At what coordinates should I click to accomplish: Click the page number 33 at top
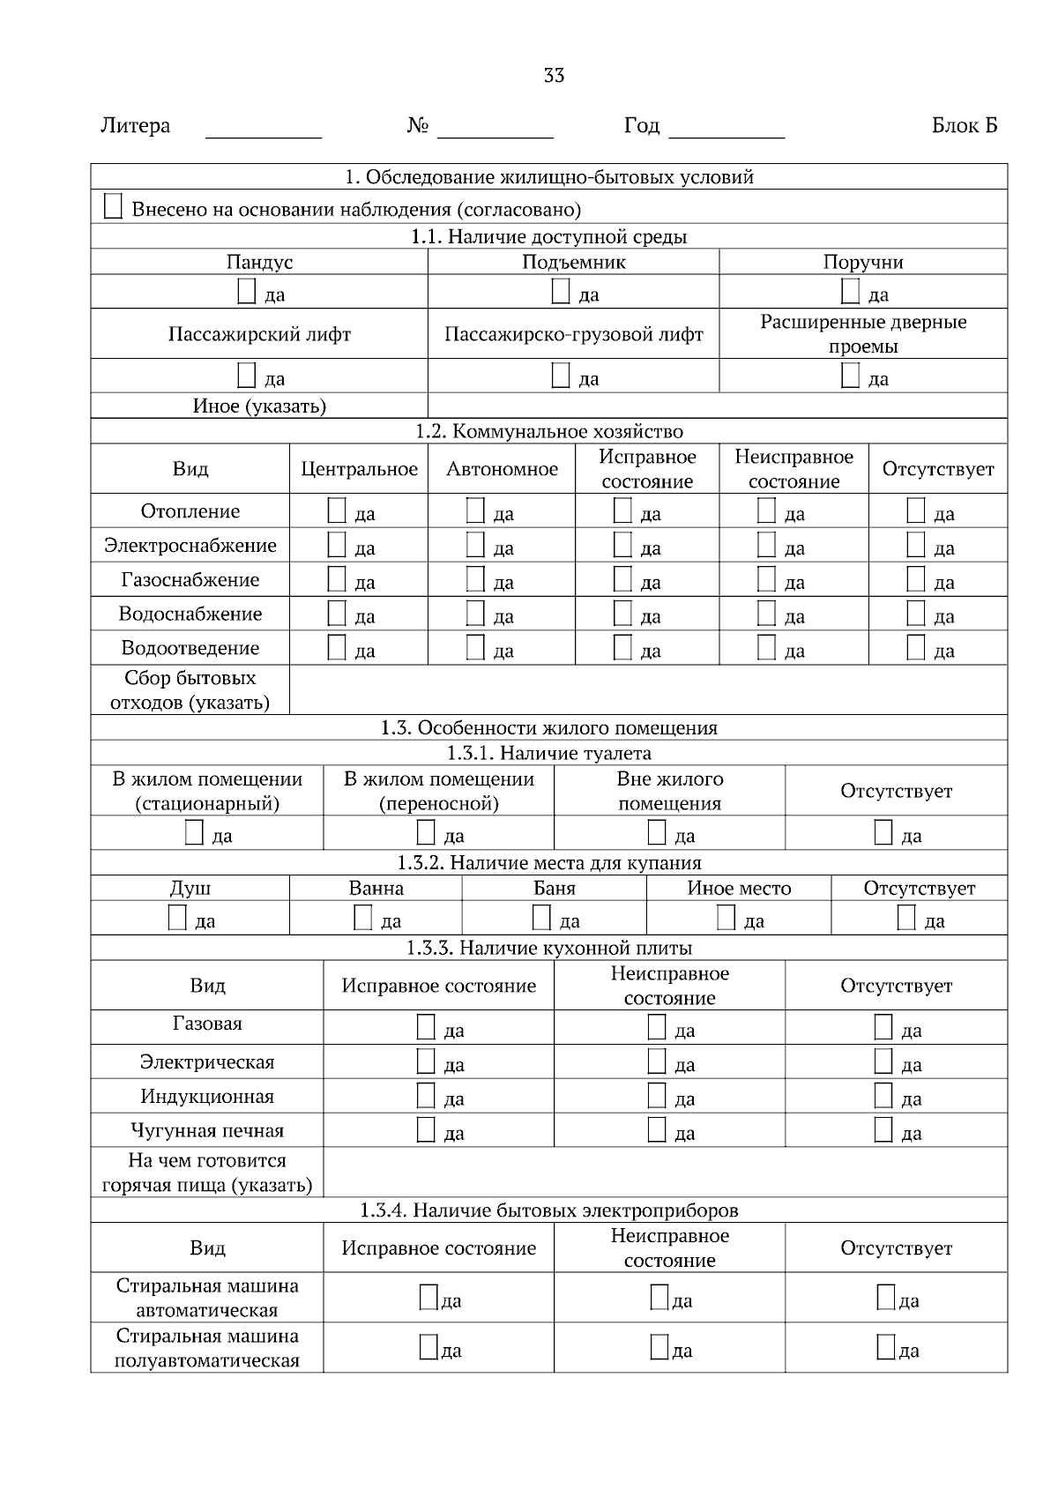click(554, 76)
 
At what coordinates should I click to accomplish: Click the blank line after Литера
click(263, 129)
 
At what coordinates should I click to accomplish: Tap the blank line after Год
click(726, 129)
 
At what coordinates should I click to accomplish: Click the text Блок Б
click(964, 126)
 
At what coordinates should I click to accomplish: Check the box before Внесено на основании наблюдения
click(113, 207)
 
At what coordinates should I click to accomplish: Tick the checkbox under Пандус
click(247, 292)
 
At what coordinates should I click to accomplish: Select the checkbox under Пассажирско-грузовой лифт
click(561, 376)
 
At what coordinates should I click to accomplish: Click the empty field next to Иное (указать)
click(717, 406)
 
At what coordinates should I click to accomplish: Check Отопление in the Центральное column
click(337, 510)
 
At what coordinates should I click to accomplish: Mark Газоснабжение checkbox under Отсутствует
click(916, 579)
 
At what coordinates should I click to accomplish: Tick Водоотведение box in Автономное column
click(475, 648)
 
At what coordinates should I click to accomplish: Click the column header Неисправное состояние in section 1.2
click(793, 469)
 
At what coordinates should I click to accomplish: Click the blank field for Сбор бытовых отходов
click(648, 690)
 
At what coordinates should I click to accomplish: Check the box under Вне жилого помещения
click(657, 832)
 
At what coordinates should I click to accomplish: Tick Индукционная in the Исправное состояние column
click(426, 1096)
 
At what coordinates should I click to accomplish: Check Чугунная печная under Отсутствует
click(883, 1130)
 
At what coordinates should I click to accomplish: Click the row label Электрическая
click(207, 1062)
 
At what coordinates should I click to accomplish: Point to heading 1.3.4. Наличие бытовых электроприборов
click(548, 1210)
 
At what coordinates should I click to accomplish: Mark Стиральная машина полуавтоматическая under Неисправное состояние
click(659, 1347)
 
